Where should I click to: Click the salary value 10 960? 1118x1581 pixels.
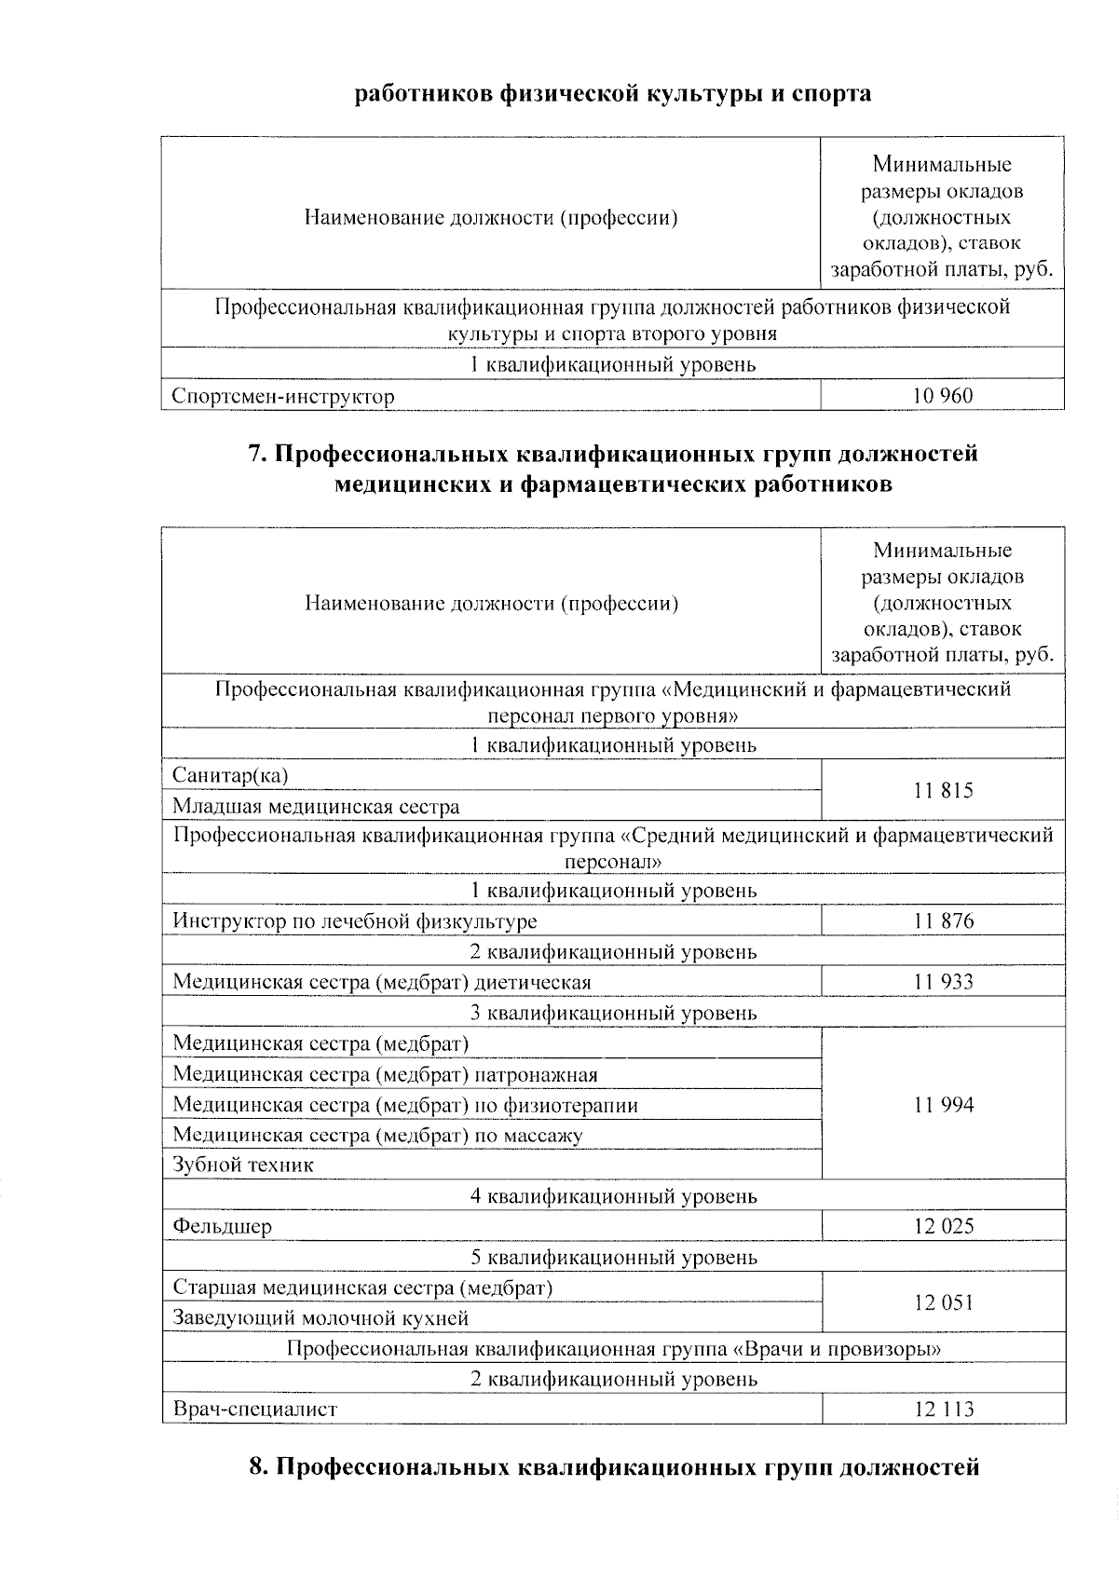click(x=943, y=396)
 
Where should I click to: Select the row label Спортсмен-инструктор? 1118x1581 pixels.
click(x=283, y=397)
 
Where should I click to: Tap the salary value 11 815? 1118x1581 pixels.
click(x=943, y=791)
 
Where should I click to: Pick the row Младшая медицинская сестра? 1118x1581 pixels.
click(x=316, y=807)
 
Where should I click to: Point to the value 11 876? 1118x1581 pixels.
click(x=943, y=921)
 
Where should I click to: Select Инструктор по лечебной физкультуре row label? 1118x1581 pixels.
click(x=355, y=922)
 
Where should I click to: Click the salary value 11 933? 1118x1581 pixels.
click(x=943, y=982)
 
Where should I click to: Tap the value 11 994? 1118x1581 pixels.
click(x=943, y=1105)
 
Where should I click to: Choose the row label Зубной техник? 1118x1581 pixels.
click(x=243, y=1165)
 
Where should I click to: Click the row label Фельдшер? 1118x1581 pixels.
click(x=223, y=1227)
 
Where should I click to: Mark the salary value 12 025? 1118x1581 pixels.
click(x=943, y=1226)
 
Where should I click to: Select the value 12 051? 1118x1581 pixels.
click(x=943, y=1302)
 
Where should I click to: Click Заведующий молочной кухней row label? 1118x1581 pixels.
click(x=320, y=1318)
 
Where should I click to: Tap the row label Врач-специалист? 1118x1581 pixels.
click(x=254, y=1410)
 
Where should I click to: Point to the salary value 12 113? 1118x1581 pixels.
click(x=943, y=1410)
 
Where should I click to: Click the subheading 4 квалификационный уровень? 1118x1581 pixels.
click(x=613, y=1196)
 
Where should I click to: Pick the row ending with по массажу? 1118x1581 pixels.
click(x=377, y=1136)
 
